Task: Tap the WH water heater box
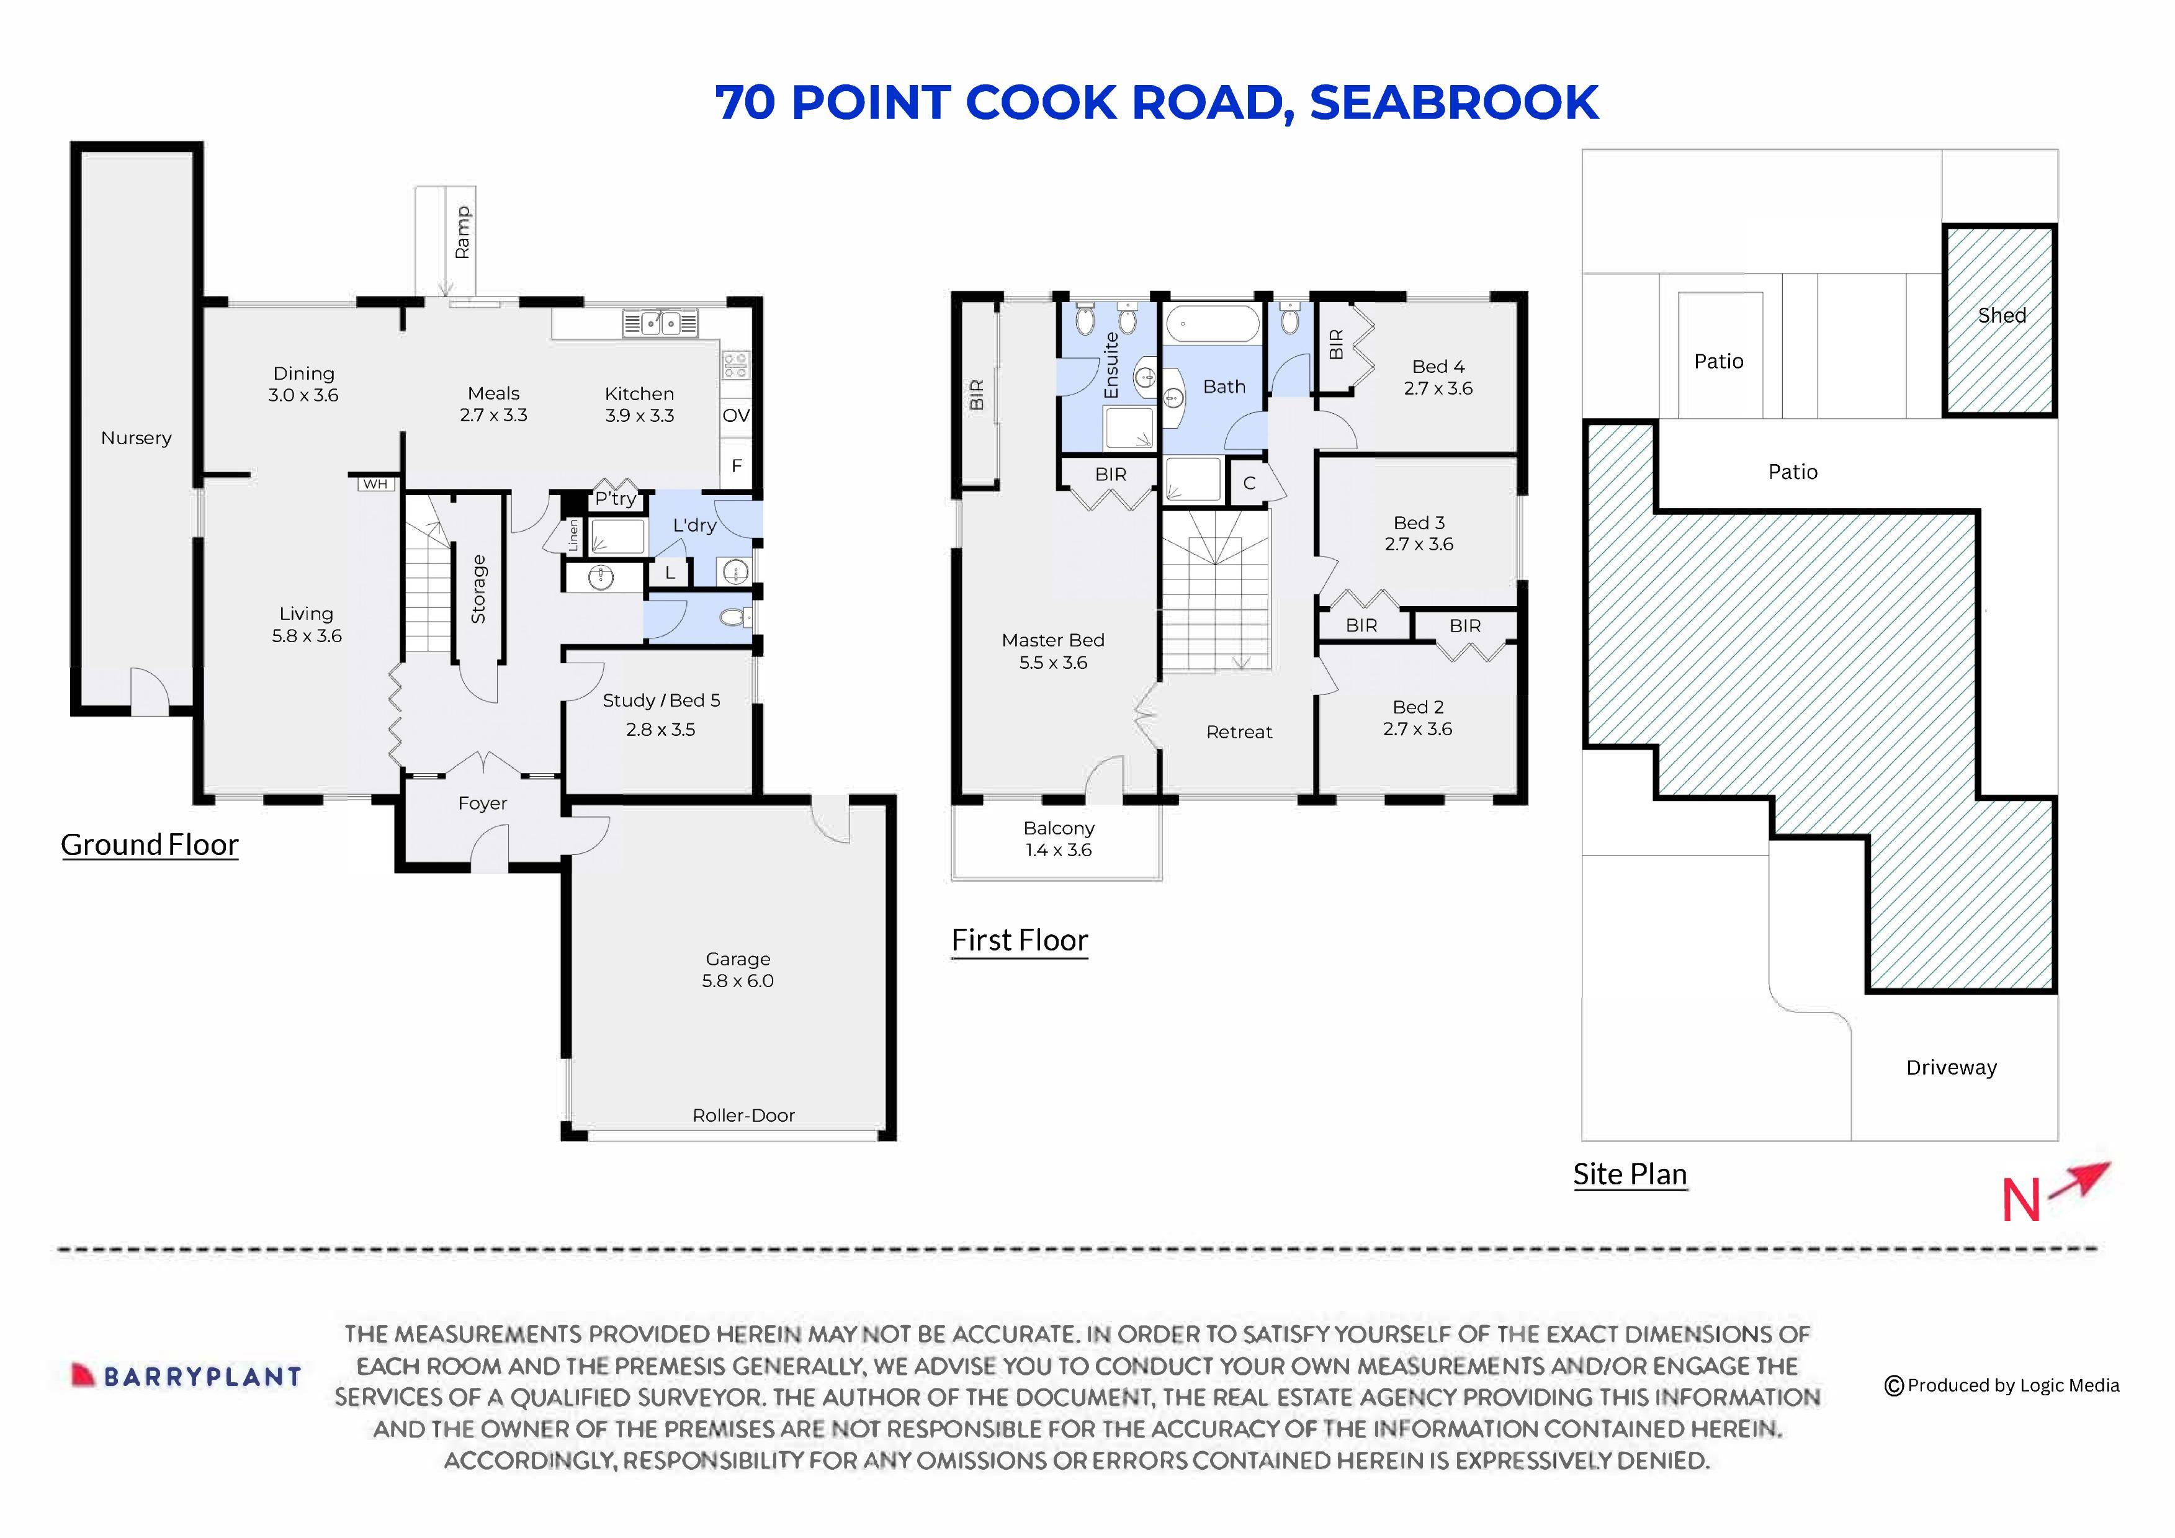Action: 375,484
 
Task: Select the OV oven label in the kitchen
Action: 735,415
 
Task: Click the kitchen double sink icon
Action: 660,323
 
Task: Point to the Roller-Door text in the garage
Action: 743,1115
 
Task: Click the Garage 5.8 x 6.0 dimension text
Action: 737,970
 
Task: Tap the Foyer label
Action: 482,803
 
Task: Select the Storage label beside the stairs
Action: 478,589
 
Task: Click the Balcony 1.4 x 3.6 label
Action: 1058,839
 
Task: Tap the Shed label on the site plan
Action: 2001,315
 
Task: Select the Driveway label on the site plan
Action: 1950,1067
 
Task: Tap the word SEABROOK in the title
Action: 1453,102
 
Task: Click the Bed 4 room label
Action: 1437,377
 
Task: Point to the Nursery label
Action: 137,437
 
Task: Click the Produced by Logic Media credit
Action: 2002,1385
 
